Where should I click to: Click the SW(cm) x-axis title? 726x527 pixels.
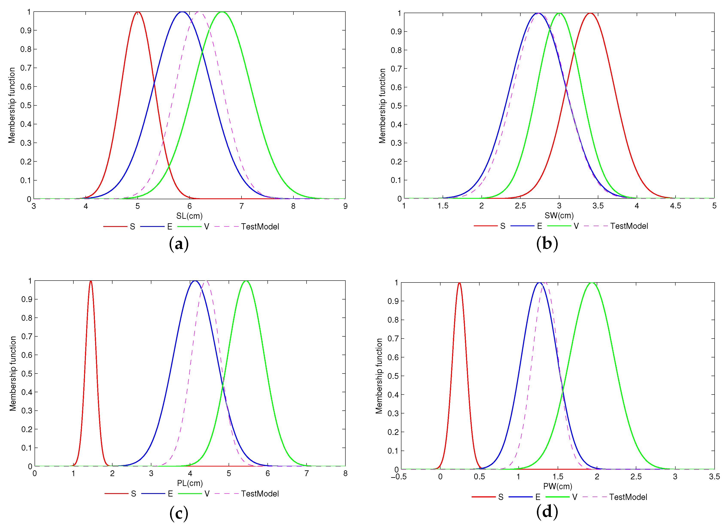559,216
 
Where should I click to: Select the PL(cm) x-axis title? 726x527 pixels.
190,483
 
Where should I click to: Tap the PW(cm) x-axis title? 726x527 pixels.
558,486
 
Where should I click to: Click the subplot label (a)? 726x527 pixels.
179,244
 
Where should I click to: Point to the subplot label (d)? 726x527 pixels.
547,511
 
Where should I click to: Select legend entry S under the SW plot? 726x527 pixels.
503,226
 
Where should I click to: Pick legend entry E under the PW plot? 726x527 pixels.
538,497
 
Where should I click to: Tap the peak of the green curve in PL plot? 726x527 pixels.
246,281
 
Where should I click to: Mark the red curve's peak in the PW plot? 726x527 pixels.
459,283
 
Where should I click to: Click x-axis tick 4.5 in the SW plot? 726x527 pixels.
675,206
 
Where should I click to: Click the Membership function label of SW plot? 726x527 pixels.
382,106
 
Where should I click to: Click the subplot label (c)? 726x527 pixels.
179,513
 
